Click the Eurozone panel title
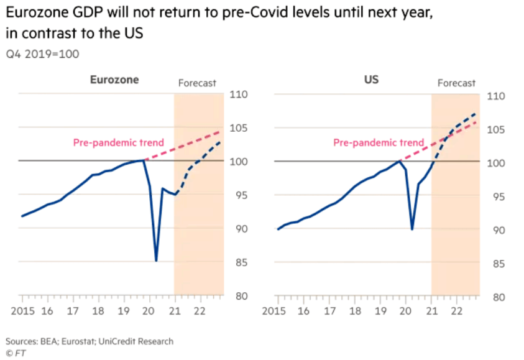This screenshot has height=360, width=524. tap(114, 80)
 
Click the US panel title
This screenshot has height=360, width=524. tap(371, 80)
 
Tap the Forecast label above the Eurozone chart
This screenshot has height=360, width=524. tap(197, 83)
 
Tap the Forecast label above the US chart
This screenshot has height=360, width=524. tap(456, 83)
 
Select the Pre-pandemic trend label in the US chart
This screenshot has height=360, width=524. tap(379, 142)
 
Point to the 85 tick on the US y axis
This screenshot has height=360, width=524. tap(496, 264)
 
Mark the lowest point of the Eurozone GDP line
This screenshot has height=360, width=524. tap(155, 261)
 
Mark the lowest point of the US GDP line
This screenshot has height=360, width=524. tap(411, 229)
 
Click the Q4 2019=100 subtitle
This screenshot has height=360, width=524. tap(42, 53)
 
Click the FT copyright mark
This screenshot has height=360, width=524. tap(14, 353)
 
